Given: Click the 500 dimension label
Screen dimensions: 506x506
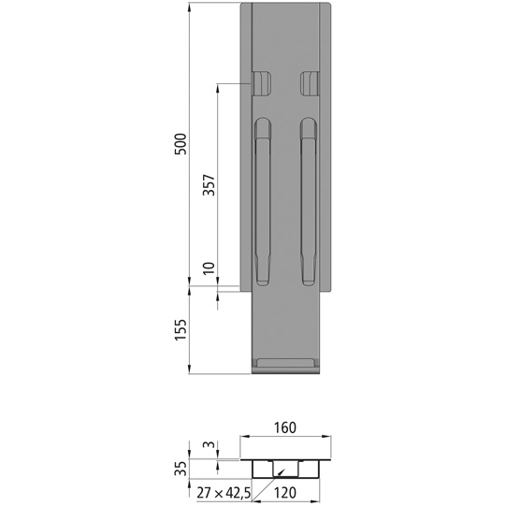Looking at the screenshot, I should tap(182, 143).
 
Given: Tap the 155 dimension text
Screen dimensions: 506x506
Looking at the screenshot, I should tap(182, 329).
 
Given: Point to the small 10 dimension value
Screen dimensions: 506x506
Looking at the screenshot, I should tap(210, 268).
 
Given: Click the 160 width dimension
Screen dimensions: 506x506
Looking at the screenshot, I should tap(285, 428).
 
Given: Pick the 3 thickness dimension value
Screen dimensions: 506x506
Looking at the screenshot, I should tap(210, 446).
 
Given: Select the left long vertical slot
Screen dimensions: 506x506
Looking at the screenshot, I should tap(264, 200).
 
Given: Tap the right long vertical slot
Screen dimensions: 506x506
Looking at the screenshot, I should tap(309, 200).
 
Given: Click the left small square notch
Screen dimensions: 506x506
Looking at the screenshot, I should tap(261, 83).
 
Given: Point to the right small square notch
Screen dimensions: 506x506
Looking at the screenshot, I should tap(310, 83).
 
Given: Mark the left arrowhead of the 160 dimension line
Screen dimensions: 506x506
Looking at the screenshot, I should tap(245, 437).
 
